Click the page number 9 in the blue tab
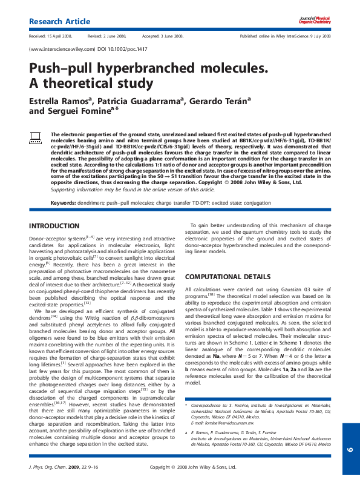(x=350, y=449)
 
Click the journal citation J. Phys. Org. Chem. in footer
(x=50, y=467)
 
